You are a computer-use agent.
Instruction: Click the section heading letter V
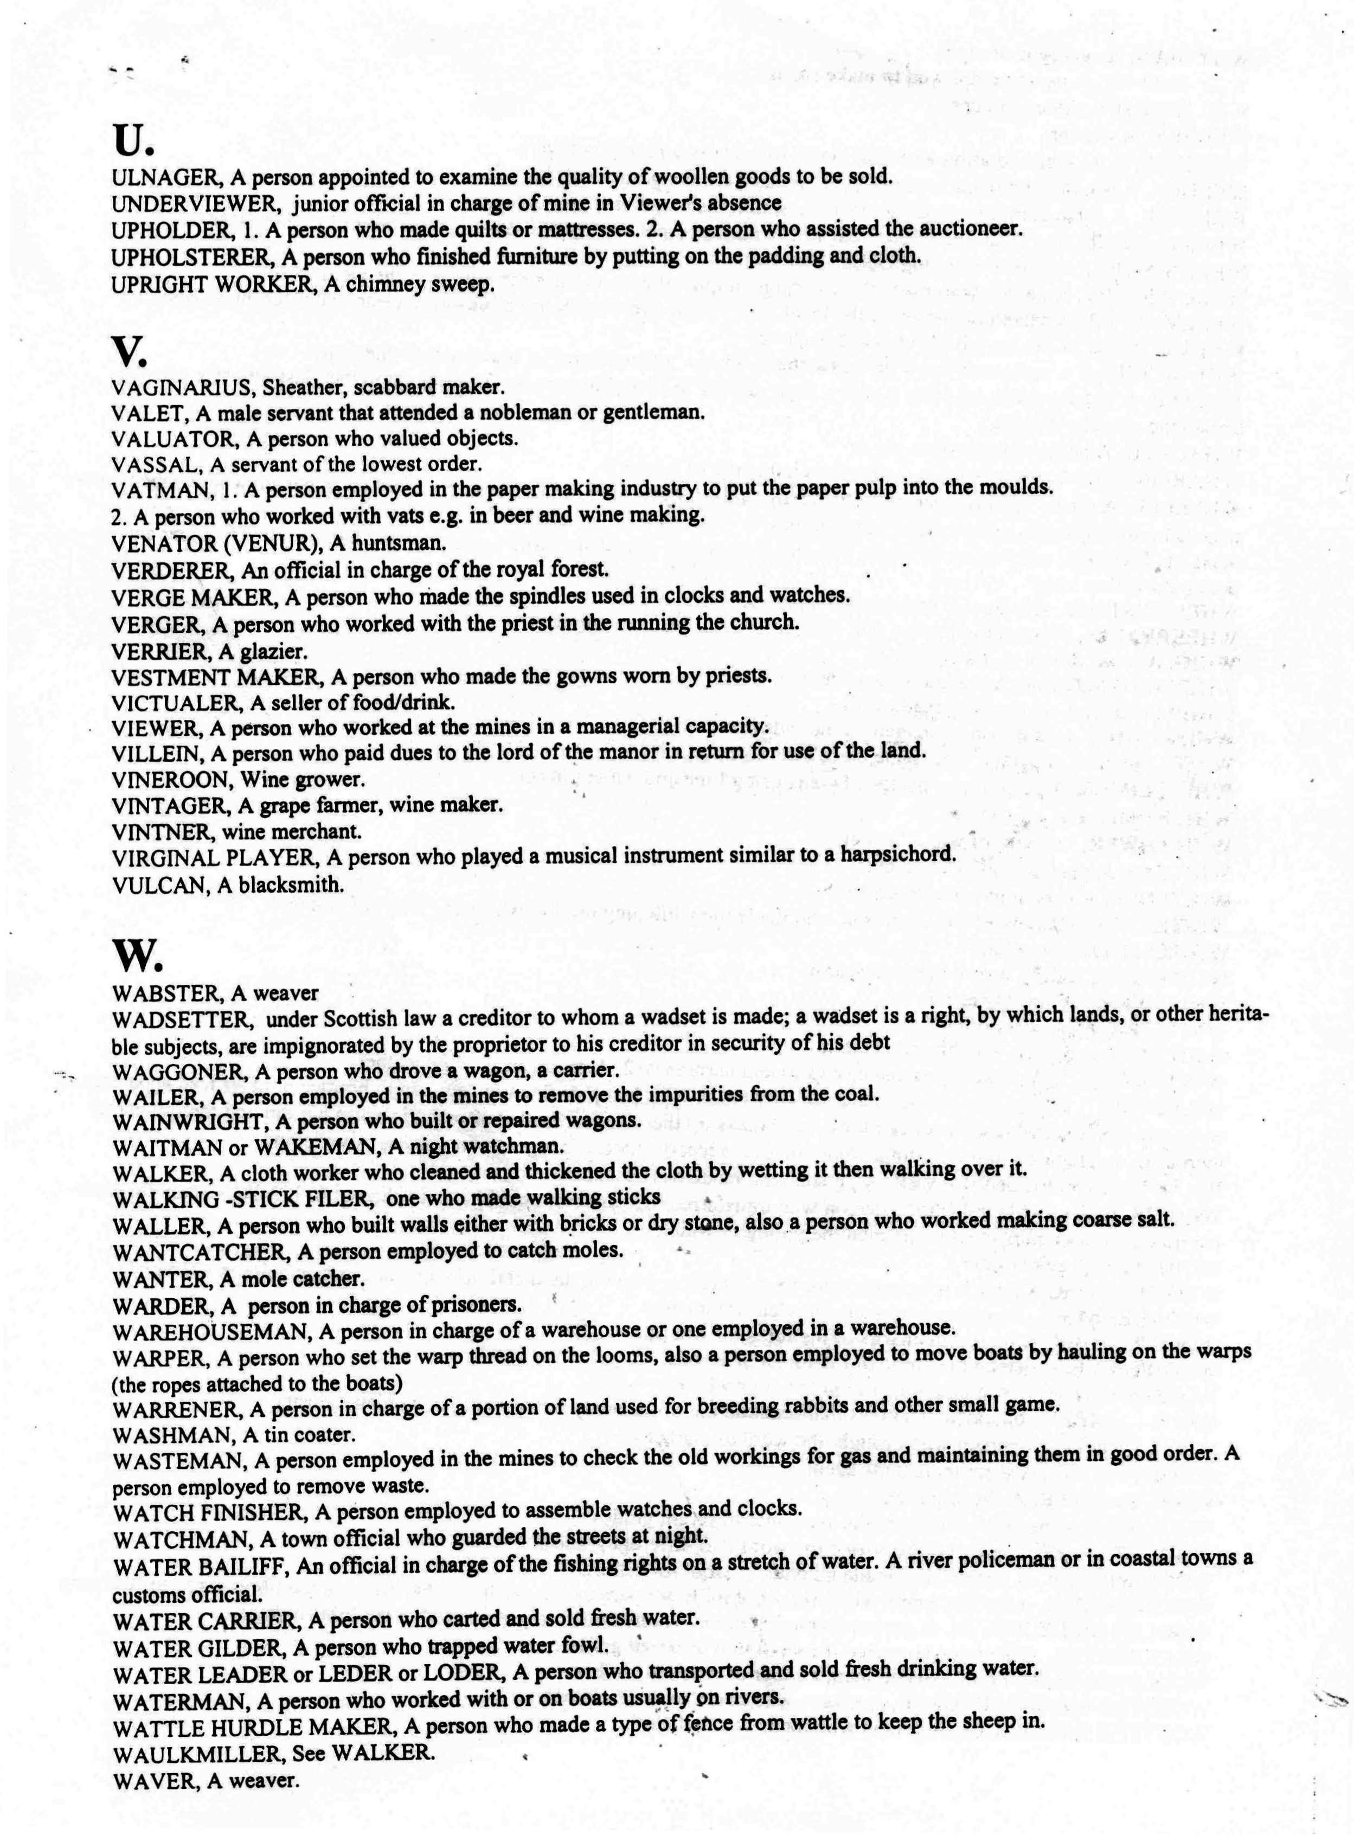coord(129,352)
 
